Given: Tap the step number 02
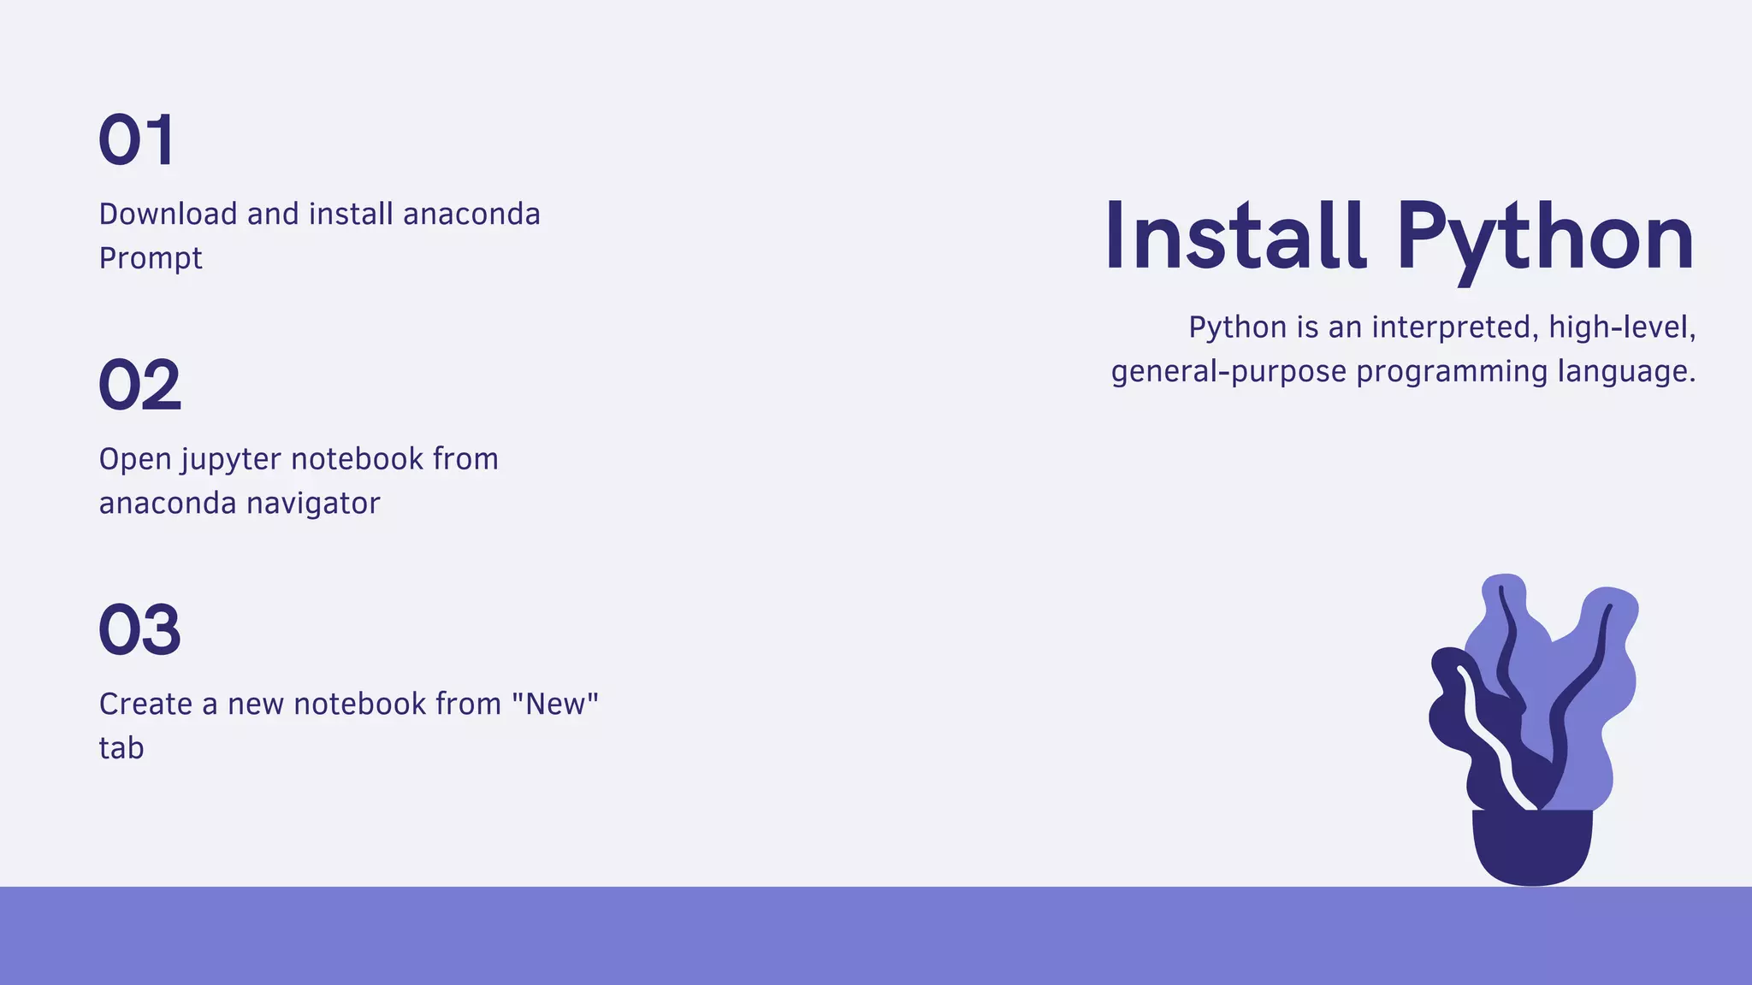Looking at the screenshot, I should tap(140, 385).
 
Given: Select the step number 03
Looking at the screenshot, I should tap(140, 630).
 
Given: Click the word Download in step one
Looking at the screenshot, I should tap(168, 214).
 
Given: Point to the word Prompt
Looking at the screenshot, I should tap(151, 258).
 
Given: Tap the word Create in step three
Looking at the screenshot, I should tap(145, 705).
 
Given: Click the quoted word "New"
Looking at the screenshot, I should tap(555, 704).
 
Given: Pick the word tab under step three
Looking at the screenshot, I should tap(121, 748).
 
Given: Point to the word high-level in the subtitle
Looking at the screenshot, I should tap(1622, 327).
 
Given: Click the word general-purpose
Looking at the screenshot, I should tap(1228, 372).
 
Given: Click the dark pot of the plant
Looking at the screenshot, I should tap(1532, 846).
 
